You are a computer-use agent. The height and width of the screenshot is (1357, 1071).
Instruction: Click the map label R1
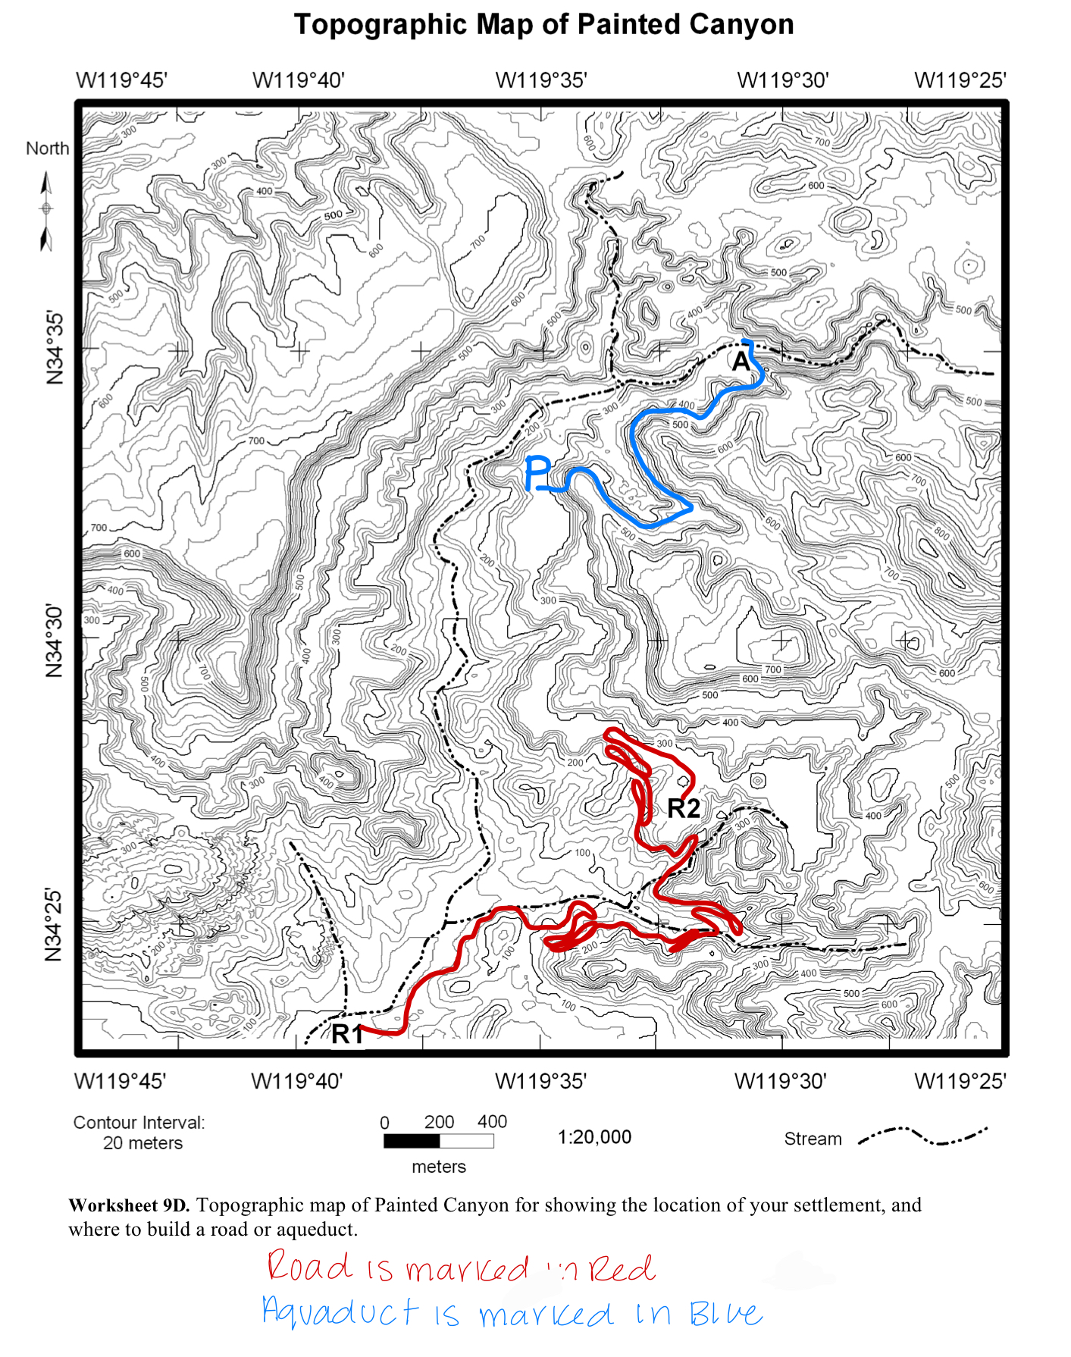pos(347,1033)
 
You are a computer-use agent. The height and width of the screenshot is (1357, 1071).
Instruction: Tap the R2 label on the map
pos(683,809)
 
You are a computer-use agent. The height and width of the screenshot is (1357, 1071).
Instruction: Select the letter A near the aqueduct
pos(741,362)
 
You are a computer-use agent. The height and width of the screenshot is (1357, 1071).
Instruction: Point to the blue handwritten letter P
pos(537,474)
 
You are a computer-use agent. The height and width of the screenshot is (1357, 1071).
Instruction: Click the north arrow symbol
pos(46,211)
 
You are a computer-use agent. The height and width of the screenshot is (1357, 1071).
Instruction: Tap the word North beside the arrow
pos(47,149)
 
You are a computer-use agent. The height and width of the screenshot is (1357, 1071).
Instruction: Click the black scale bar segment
pos(411,1141)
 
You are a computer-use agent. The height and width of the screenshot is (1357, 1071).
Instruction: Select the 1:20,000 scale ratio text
pos(594,1137)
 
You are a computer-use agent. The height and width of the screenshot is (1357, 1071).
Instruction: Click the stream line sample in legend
pos(922,1136)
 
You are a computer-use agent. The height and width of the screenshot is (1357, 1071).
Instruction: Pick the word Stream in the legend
pos(813,1139)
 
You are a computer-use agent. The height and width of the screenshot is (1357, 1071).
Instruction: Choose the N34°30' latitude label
pos(54,641)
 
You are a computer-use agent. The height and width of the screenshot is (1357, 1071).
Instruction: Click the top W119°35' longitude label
pos(541,80)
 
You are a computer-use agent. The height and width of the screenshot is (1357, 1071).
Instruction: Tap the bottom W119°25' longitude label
pos(960,1081)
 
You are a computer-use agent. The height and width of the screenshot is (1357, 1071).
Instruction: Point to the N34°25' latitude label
pos(54,925)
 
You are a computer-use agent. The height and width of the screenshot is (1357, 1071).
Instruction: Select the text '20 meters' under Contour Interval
pos(142,1143)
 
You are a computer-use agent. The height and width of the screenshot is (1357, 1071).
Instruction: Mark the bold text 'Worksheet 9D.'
pos(129,1205)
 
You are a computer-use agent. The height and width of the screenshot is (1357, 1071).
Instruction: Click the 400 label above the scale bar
pos(492,1121)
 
